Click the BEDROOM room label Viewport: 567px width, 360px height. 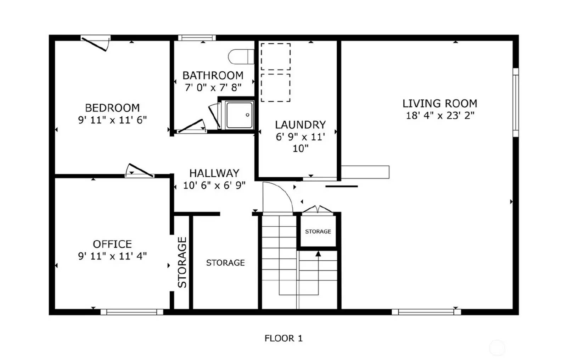pyautogui.click(x=112, y=108)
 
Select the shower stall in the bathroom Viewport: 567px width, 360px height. pyautogui.click(x=240, y=115)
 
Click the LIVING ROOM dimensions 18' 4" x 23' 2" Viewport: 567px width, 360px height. pyautogui.click(x=440, y=116)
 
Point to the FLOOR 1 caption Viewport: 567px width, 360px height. pyautogui.click(x=283, y=338)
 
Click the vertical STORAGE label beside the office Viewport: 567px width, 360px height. pyautogui.click(x=182, y=262)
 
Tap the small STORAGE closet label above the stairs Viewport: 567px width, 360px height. pyautogui.click(x=318, y=232)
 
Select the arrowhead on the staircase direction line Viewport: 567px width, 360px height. pyautogui.click(x=318, y=254)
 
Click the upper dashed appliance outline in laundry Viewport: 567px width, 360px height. pyautogui.click(x=276, y=57)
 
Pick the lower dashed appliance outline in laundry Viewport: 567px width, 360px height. pyautogui.click(x=276, y=88)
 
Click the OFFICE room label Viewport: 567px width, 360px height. pyautogui.click(x=112, y=244)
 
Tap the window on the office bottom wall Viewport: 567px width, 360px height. pyautogui.click(x=132, y=312)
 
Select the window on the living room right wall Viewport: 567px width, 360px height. pyautogui.click(x=516, y=103)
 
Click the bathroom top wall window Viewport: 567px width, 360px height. pyautogui.click(x=197, y=38)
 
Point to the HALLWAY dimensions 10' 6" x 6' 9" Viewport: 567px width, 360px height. pyautogui.click(x=214, y=185)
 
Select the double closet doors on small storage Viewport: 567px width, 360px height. pyautogui.click(x=318, y=210)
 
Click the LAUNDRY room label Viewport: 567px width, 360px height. pyautogui.click(x=300, y=125)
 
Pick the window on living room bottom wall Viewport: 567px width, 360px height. pyautogui.click(x=426, y=312)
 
